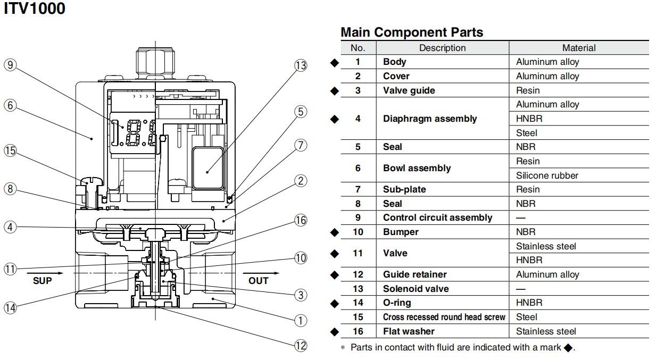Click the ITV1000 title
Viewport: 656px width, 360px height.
(x=35, y=9)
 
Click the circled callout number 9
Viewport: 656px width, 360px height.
(x=10, y=65)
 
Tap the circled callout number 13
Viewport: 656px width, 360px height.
(x=301, y=65)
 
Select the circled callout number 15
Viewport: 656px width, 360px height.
(x=10, y=150)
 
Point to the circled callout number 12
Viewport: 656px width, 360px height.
(x=301, y=346)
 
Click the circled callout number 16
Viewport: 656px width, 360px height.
(x=301, y=220)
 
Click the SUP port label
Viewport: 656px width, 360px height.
(x=43, y=280)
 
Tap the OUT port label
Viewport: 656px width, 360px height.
(x=259, y=280)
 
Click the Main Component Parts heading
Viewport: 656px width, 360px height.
(x=412, y=32)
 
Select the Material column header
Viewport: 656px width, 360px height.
(x=579, y=48)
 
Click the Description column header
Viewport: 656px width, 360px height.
(x=442, y=48)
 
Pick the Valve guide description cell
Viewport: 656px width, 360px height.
(x=409, y=90)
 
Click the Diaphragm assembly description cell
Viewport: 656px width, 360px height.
(x=430, y=119)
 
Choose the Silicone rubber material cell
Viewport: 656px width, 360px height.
(x=547, y=175)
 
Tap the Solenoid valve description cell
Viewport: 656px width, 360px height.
(x=416, y=289)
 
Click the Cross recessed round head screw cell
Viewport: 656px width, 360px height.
(x=444, y=317)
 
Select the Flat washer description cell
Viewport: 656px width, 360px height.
(x=409, y=331)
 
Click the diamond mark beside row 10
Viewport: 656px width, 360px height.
(x=334, y=232)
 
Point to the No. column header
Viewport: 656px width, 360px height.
(x=358, y=48)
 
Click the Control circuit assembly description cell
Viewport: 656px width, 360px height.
(x=437, y=217)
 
